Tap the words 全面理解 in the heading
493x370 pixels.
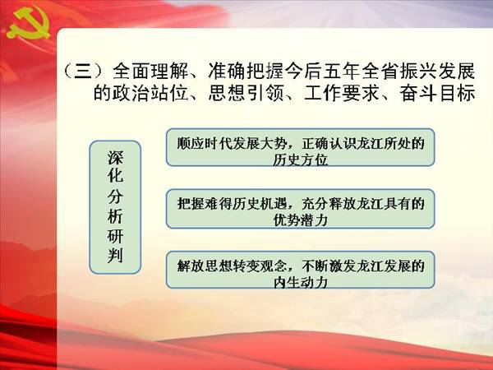150,71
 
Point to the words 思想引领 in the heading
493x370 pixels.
246,93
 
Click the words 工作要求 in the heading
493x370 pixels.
342,93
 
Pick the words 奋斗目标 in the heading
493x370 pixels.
437,93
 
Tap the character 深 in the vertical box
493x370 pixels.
115,158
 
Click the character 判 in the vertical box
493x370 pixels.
115,256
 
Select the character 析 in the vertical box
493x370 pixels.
115,217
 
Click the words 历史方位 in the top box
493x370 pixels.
300,160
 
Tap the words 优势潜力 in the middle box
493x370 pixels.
300,220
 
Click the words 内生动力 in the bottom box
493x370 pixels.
300,282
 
